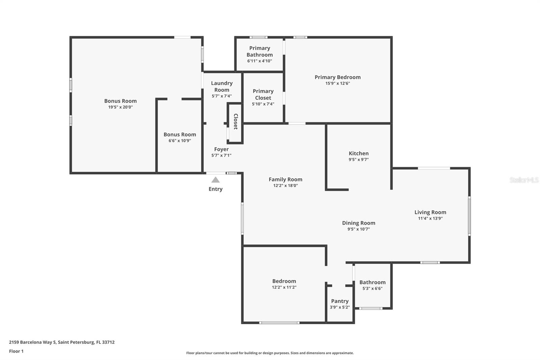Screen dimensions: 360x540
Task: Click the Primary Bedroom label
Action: tap(337, 77)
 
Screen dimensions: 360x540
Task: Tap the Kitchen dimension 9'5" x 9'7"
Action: tap(358, 160)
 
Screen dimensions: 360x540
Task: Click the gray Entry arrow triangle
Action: tap(215, 180)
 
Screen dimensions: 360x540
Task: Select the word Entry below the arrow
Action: tap(215, 189)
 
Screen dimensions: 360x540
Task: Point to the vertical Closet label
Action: tap(236, 122)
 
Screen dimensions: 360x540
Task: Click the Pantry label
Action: tap(340, 301)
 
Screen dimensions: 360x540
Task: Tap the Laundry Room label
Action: tap(222, 86)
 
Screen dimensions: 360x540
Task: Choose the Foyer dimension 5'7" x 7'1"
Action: tap(221, 155)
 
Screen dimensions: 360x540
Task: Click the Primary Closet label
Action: tap(263, 95)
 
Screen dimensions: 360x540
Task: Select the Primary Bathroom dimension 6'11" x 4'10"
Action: tap(260, 61)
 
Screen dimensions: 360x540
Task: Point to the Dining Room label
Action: tap(358, 223)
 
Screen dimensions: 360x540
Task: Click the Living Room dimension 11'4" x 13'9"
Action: tap(430, 218)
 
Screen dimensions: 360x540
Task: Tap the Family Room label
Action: tap(285, 180)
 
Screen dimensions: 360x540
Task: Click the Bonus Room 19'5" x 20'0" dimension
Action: tap(120, 107)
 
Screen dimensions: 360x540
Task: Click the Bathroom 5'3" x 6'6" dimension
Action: tap(372, 289)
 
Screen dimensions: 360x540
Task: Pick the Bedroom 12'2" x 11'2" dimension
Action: tap(284, 287)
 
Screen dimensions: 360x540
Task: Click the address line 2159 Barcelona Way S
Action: tap(62, 342)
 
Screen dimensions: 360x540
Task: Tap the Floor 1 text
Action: tap(16, 351)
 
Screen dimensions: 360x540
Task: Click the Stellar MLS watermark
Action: tap(524, 180)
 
